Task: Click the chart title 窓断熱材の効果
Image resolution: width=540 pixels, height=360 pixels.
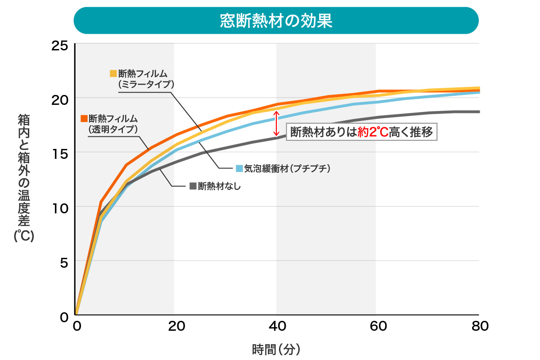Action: [276, 21]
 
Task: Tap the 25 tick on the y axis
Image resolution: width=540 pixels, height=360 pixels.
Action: [59, 45]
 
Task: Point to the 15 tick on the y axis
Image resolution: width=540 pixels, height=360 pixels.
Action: [59, 153]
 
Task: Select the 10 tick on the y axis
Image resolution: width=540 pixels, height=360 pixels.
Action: [59, 207]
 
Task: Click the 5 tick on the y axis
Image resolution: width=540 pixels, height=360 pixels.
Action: [63, 261]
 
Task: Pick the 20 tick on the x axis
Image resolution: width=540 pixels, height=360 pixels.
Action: [176, 326]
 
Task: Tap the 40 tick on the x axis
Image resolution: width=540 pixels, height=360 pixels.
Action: [278, 326]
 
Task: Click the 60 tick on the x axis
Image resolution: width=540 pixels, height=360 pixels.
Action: [378, 326]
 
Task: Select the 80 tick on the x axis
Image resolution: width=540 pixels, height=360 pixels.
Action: [479, 326]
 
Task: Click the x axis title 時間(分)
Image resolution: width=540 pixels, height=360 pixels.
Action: [276, 349]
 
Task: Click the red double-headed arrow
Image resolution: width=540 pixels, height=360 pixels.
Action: [277, 124]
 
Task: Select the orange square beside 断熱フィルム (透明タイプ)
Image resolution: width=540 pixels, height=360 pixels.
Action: [84, 118]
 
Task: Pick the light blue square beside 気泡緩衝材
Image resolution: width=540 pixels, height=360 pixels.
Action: [239, 168]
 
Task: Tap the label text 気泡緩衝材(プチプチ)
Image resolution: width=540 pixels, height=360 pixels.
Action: [288, 168]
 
